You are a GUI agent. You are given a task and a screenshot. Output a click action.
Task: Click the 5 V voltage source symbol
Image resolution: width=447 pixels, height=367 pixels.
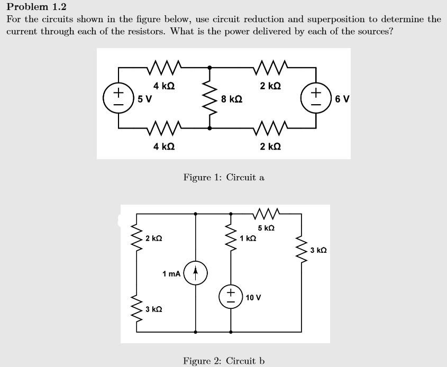click(x=118, y=98)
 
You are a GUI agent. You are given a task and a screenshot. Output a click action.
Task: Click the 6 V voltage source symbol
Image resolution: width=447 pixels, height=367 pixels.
click(x=316, y=98)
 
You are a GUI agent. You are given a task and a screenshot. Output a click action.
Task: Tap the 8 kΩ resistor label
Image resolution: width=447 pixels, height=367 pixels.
click(x=232, y=99)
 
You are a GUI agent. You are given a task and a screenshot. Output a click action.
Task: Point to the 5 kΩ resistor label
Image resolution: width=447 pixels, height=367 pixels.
click(x=267, y=228)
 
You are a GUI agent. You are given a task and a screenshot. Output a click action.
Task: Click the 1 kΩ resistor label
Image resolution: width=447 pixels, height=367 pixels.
click(x=248, y=238)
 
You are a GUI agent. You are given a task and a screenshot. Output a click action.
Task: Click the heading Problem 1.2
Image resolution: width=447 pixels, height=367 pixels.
click(x=37, y=7)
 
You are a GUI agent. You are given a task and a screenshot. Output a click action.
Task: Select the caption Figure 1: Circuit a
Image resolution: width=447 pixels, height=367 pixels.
click(x=224, y=178)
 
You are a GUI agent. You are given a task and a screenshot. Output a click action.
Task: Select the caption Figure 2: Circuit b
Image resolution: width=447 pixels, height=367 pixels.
click(x=224, y=361)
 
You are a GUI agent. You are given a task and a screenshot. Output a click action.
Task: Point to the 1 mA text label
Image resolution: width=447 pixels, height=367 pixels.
click(x=171, y=273)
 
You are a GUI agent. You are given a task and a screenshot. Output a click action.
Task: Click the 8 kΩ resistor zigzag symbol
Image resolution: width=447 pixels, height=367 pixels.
click(x=210, y=98)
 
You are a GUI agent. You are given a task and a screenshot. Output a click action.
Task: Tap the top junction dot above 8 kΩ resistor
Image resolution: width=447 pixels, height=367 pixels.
click(x=210, y=68)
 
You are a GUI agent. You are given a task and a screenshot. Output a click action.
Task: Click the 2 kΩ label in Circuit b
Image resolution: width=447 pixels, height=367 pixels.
click(x=154, y=238)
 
